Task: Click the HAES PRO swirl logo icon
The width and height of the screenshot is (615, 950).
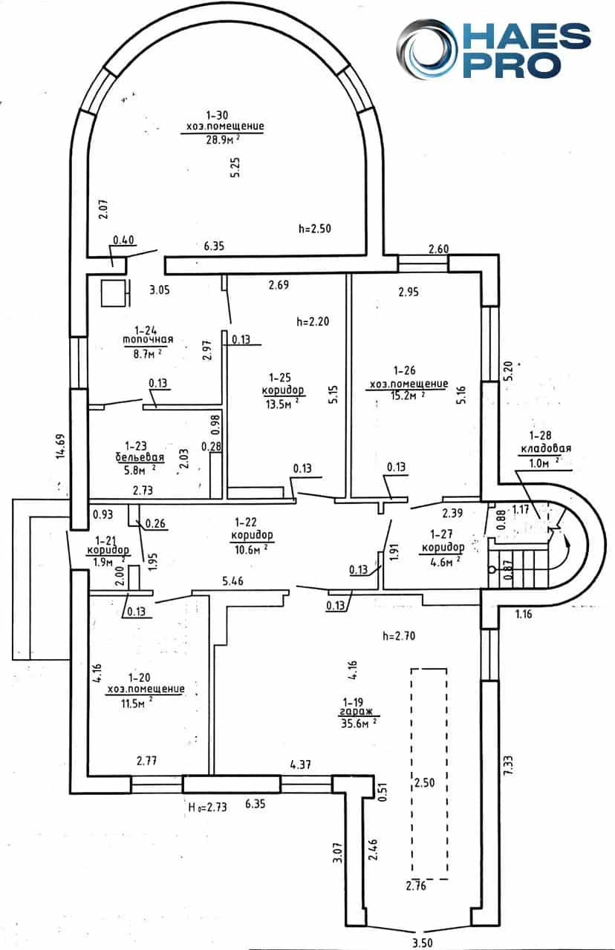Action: point(426,49)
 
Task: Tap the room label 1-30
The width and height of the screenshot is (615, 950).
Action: point(217,115)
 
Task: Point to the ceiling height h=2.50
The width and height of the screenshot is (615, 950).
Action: point(314,229)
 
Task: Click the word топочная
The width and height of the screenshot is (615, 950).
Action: point(148,339)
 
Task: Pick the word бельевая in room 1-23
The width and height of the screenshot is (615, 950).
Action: point(140,457)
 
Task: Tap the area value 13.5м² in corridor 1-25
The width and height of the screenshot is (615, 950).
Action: point(282,403)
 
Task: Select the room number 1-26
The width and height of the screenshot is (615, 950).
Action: point(404,370)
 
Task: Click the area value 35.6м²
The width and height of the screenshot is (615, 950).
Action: point(358,723)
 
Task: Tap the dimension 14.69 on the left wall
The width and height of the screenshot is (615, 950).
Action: point(62,446)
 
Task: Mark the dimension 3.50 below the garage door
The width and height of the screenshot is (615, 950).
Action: point(422,943)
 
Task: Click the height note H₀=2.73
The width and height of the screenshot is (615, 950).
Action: point(207,806)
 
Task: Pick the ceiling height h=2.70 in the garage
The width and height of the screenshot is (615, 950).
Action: point(399,636)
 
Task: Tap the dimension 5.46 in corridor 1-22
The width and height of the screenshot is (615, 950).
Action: point(232,580)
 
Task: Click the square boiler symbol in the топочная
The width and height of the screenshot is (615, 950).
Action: point(114,292)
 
